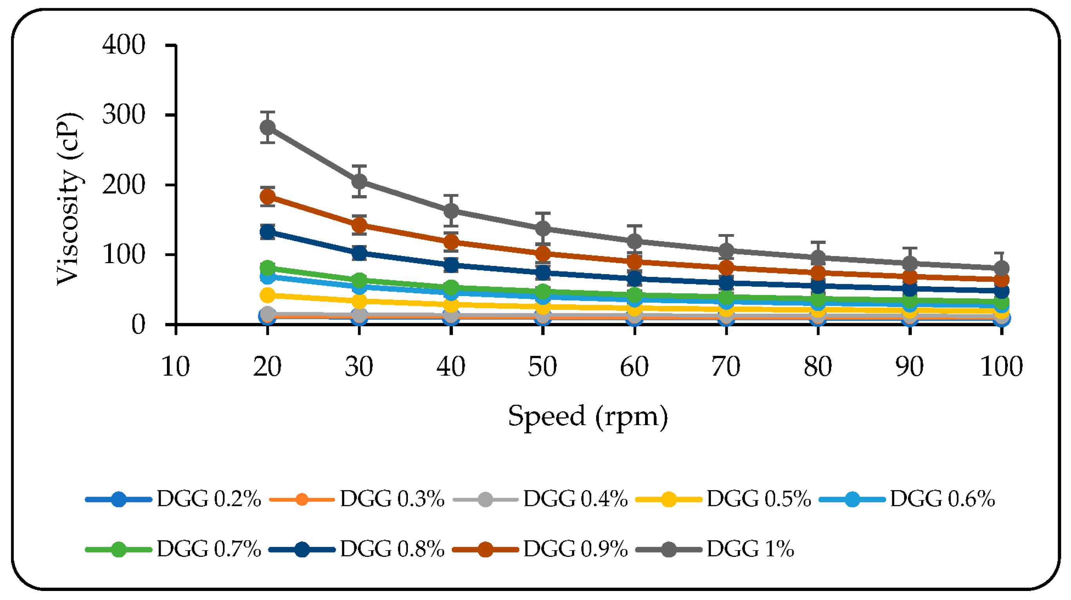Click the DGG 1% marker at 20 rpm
tap(267, 127)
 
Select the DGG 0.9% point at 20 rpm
tap(267, 196)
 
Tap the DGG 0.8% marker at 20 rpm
tap(267, 232)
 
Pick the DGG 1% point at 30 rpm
tap(359, 182)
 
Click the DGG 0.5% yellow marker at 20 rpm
tap(267, 295)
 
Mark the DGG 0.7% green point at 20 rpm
tap(267, 267)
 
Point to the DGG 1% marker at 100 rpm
tap(1002, 268)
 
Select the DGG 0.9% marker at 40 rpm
tap(451, 242)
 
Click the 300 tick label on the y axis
tap(123, 115)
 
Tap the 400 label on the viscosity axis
tap(123, 45)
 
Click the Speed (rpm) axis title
tap(588, 416)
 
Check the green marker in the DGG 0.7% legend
tap(118, 550)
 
